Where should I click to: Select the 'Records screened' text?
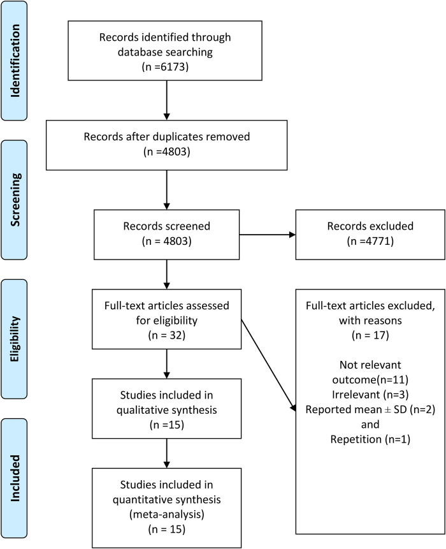click(166, 226)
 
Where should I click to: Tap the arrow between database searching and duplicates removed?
click(166, 104)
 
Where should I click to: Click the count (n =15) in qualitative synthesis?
click(166, 422)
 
